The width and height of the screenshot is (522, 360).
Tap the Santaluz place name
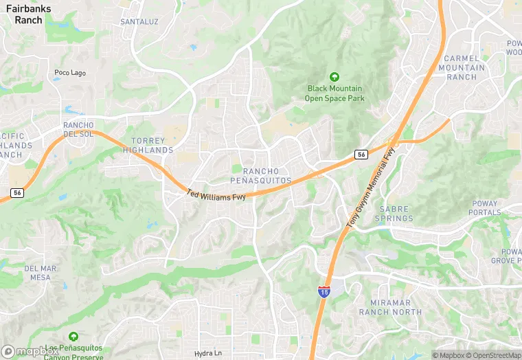coord(139,22)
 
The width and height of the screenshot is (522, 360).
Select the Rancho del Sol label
coord(78,129)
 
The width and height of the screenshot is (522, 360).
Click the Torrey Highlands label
coord(148,145)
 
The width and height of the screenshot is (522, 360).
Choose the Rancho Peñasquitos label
coord(266,175)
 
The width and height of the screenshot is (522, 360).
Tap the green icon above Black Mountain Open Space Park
coord(334,76)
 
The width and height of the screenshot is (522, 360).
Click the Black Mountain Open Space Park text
coord(335,93)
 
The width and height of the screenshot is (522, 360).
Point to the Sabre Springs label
coord(394,214)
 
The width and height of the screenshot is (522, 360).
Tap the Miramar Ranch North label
coord(390,307)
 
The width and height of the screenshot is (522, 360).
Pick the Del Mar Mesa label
coord(38,273)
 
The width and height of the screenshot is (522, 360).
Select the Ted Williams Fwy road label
coord(216,196)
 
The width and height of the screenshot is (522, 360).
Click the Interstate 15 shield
coord(324,292)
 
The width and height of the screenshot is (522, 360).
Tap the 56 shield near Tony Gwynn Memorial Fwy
coord(361,155)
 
